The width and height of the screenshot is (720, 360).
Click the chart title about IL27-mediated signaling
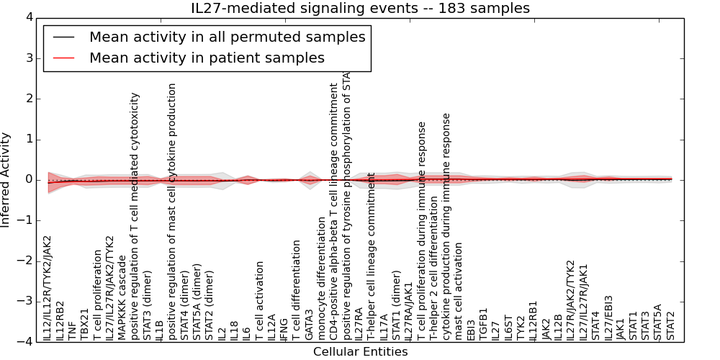(x=360, y=9)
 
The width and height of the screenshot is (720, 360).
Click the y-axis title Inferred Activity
(x=6, y=179)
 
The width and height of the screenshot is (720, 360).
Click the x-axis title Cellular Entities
(x=360, y=352)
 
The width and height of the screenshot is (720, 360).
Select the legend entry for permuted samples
(x=227, y=37)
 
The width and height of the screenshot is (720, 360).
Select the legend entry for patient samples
(x=207, y=58)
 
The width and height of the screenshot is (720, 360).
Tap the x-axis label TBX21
(x=85, y=323)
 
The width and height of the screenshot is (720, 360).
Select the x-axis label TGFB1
(x=484, y=324)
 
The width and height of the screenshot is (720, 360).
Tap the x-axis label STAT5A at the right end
(x=658, y=322)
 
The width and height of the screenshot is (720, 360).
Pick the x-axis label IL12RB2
(x=60, y=320)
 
